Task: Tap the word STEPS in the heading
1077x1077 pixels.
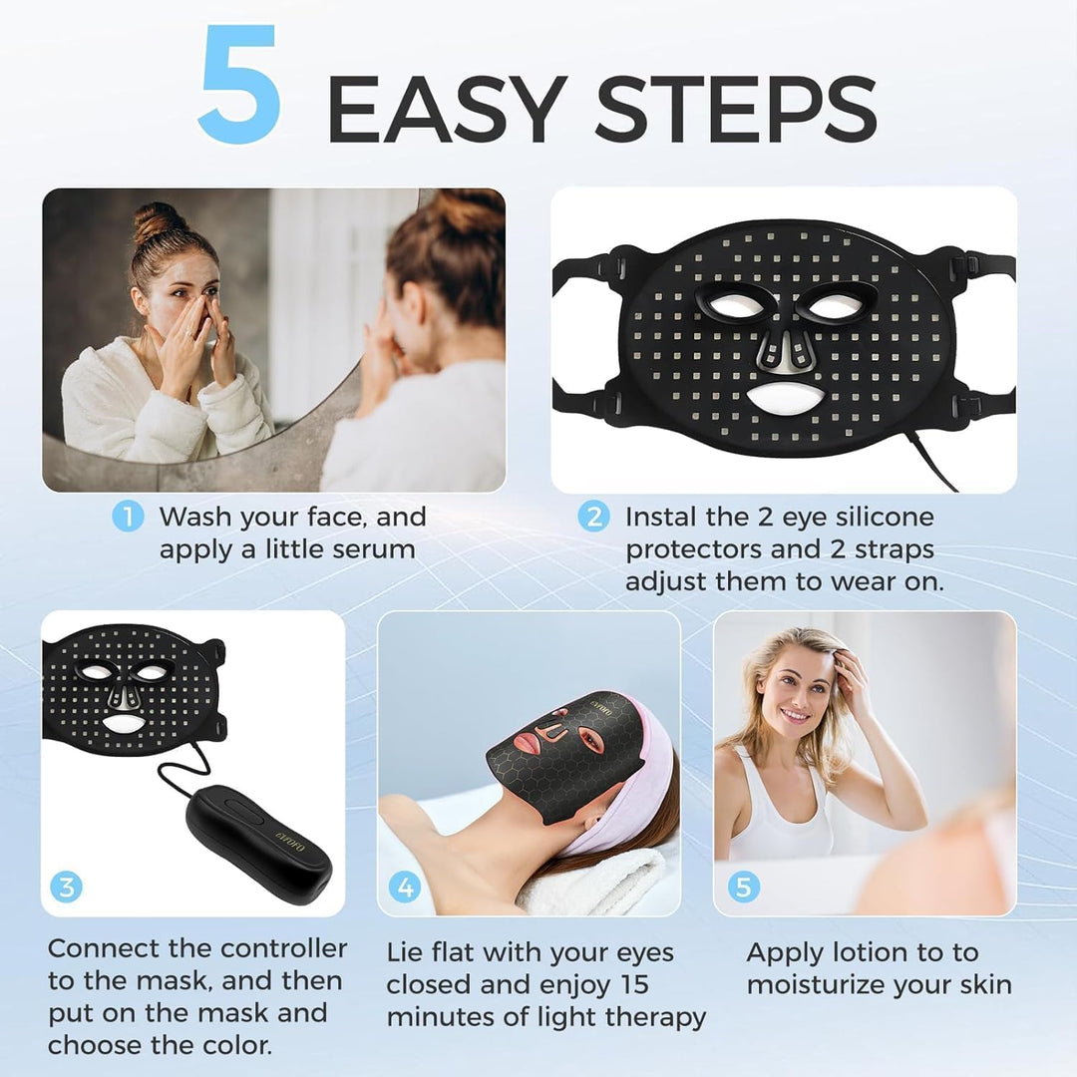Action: [735, 110]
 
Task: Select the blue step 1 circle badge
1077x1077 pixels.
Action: [128, 516]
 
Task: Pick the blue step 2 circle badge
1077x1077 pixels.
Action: [593, 516]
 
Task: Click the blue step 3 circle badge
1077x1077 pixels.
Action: [66, 887]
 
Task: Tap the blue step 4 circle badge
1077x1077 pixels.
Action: [405, 887]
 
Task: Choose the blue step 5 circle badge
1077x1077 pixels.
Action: [743, 887]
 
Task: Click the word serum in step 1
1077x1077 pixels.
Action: [374, 550]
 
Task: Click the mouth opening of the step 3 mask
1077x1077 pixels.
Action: [123, 723]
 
